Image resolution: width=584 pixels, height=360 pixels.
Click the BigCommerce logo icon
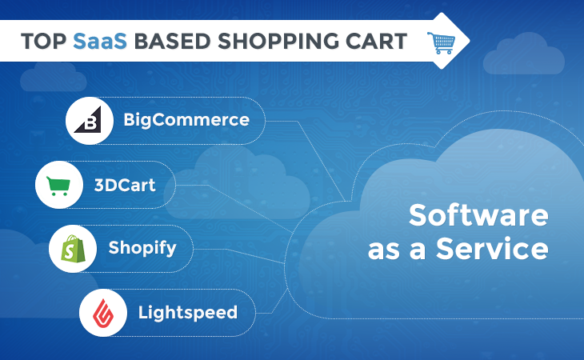coord(89,120)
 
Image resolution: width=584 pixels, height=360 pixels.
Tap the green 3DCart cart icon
coord(58,186)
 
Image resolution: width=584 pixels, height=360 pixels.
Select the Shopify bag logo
coord(73,249)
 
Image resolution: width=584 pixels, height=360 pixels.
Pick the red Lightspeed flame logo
coord(103,313)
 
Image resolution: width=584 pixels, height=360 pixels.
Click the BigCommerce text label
coord(186,120)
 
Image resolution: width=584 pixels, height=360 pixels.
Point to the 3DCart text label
coord(125,185)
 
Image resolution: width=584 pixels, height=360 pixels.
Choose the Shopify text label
coord(142,248)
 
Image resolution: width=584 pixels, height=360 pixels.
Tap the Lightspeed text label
coord(188,313)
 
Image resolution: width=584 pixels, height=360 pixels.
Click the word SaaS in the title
coord(100,41)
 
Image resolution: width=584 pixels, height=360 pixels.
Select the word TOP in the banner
coord(44,41)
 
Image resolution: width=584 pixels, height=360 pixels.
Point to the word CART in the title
coord(376,41)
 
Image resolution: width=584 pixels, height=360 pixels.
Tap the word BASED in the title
coord(173,41)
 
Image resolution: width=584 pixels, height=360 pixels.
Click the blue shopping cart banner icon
coord(442,43)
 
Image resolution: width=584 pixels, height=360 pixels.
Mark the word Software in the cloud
coord(478,215)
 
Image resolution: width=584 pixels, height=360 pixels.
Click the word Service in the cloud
coord(492,249)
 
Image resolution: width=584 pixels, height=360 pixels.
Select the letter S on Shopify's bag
coord(70,252)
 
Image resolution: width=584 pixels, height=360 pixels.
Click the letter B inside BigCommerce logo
coord(90,122)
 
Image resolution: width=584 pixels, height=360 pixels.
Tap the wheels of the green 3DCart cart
coord(59,194)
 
